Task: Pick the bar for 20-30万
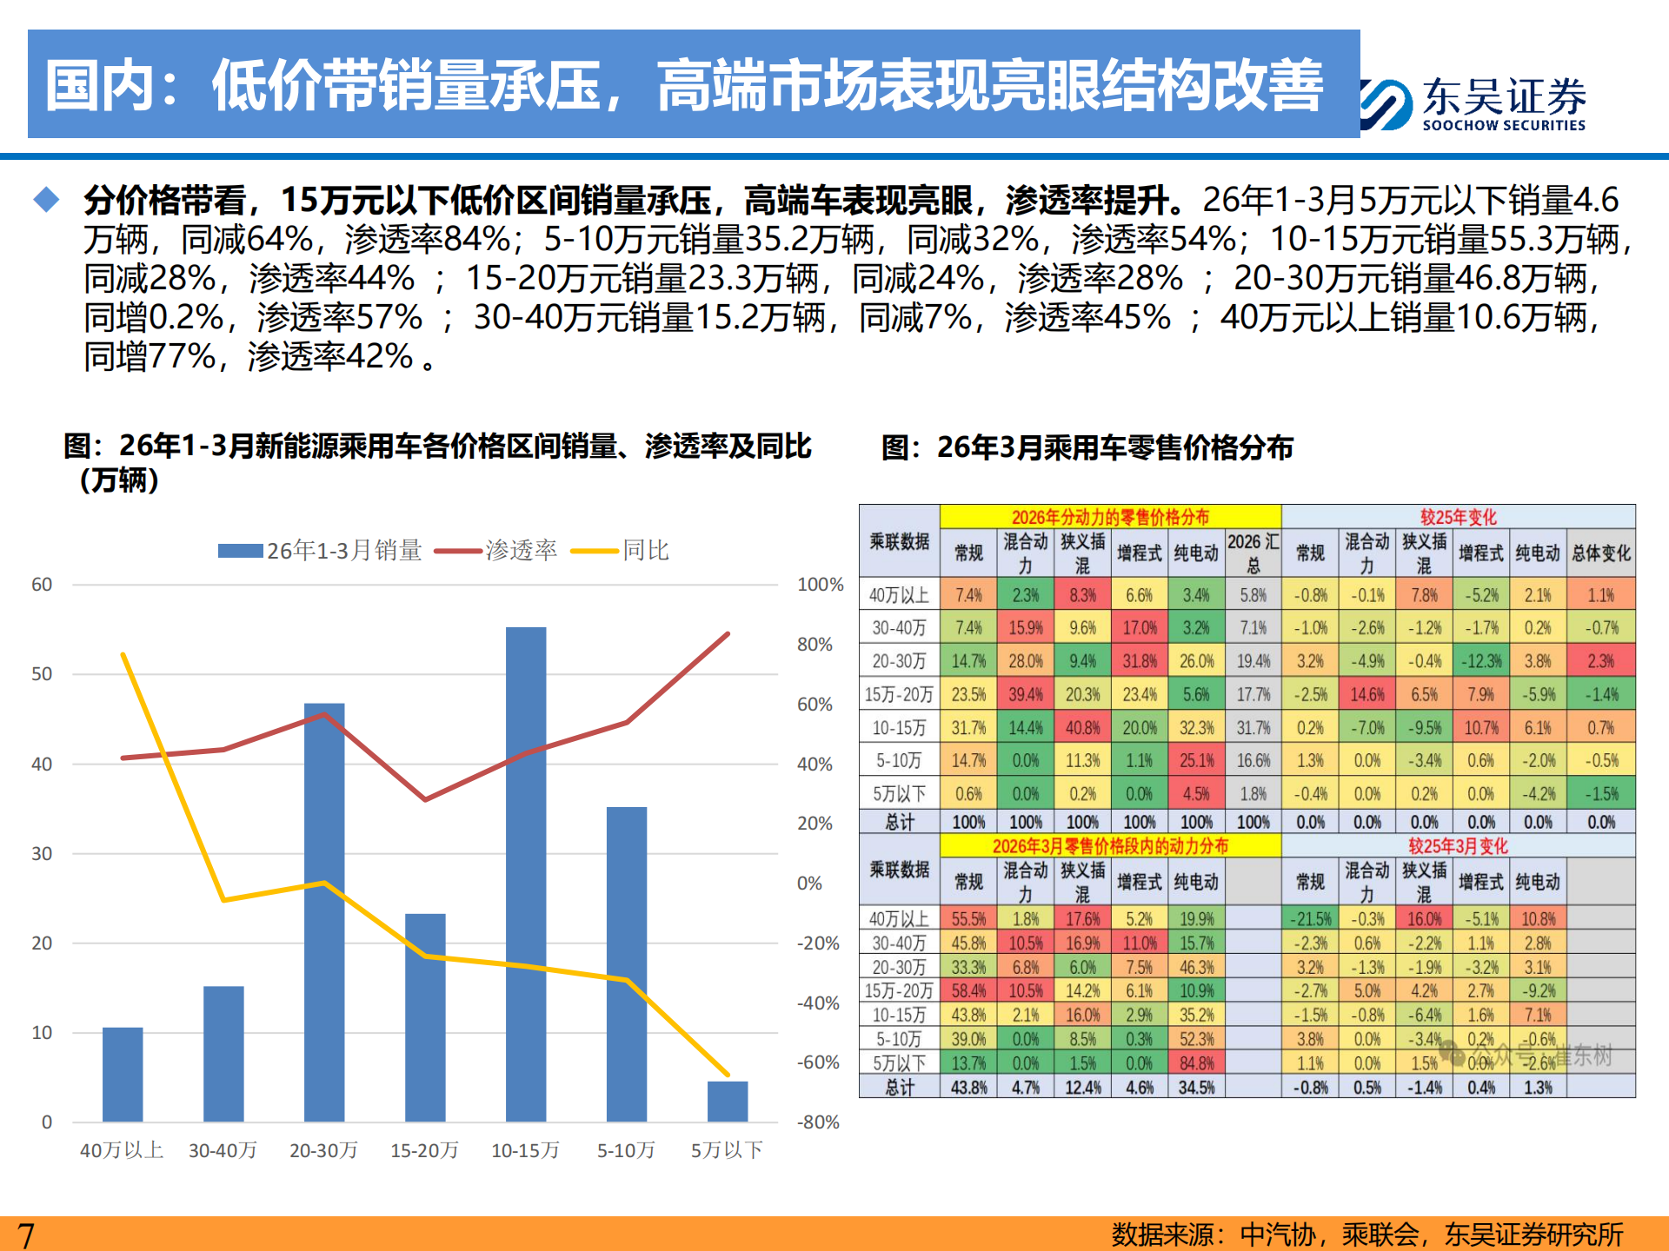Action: (x=324, y=912)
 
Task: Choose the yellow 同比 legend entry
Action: (x=621, y=551)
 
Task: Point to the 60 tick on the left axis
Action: (x=42, y=585)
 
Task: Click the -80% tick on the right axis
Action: (x=818, y=1122)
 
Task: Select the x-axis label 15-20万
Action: (x=424, y=1150)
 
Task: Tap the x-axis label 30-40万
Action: (x=223, y=1150)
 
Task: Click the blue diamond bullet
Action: (x=46, y=200)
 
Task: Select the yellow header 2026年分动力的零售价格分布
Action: (x=1110, y=517)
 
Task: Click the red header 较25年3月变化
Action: (x=1458, y=845)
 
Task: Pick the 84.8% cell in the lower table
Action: (x=1196, y=1062)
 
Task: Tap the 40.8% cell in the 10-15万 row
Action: (x=1082, y=727)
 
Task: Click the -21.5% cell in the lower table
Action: (x=1310, y=918)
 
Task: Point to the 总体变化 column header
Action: (x=1600, y=553)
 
